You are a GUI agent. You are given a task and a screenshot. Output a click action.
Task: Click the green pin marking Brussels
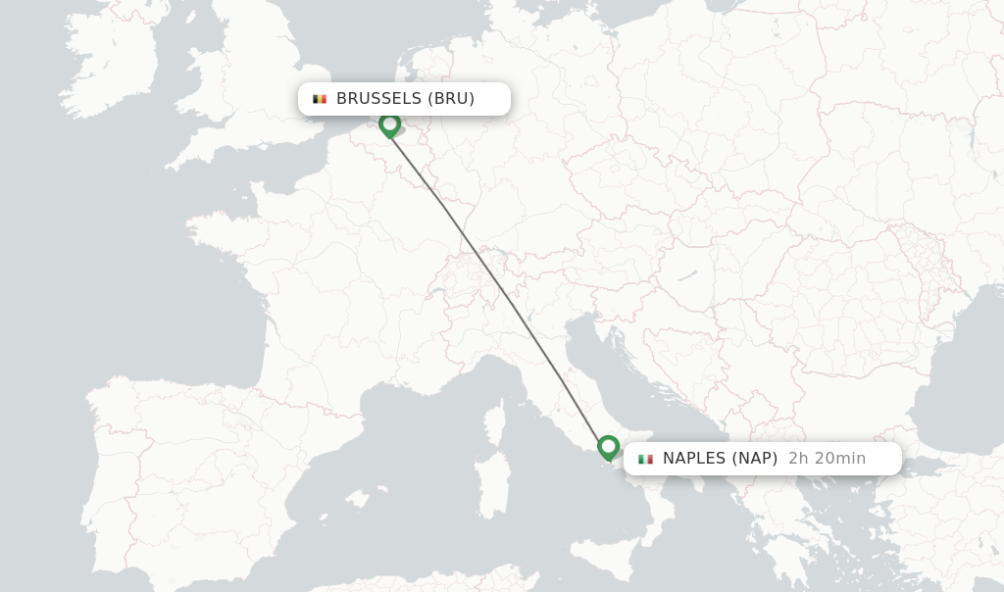click(x=389, y=124)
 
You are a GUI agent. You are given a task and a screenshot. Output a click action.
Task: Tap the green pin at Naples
click(x=608, y=447)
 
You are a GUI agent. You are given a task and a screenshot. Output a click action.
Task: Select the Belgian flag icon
click(x=320, y=99)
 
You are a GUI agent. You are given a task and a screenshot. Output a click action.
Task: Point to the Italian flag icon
click(x=645, y=459)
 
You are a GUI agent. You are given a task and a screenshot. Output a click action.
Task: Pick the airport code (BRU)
click(x=451, y=99)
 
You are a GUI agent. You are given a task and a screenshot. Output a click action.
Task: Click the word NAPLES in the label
click(x=695, y=459)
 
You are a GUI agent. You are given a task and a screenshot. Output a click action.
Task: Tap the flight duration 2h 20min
click(x=827, y=459)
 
